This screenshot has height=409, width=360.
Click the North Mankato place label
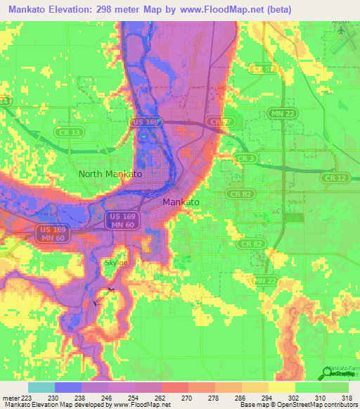110,174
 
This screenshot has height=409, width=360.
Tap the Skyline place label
117,263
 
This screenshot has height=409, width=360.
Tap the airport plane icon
342,31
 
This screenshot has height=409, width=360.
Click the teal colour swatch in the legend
41,387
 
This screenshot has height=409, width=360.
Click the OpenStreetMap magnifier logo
328,372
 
